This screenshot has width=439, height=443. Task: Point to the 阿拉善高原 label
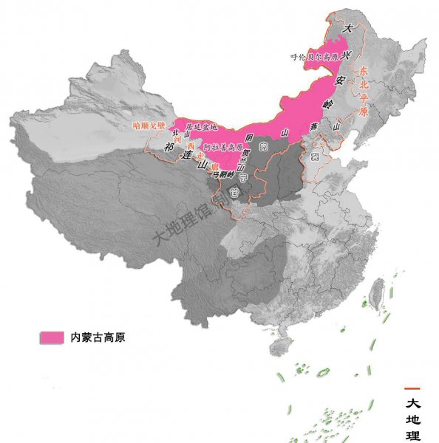pos(221,146)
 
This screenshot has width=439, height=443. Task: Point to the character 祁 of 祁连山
pos(169,146)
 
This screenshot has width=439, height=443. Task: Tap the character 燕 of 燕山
pos(316,126)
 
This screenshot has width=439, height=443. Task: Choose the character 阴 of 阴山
pos(249,139)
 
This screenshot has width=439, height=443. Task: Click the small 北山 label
pos(176,135)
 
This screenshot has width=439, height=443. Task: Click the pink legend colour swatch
pos(51,337)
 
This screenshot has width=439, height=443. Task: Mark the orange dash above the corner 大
pos(412,388)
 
